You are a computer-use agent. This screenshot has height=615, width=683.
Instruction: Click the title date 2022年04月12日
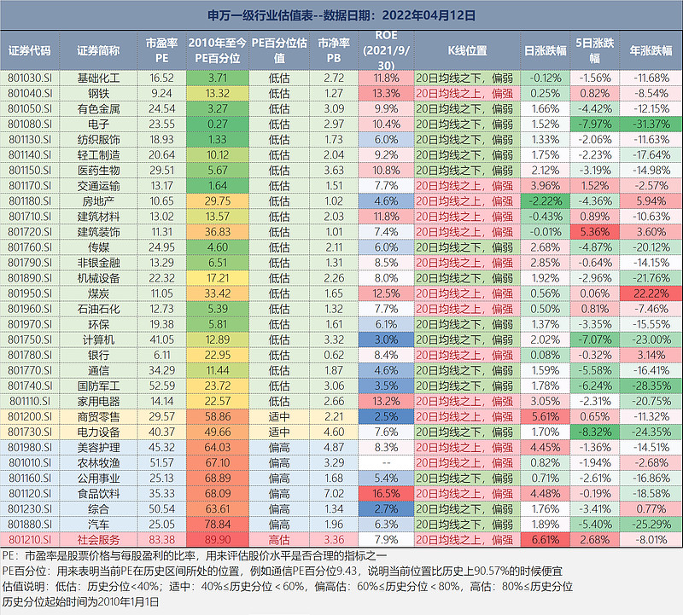point(425,15)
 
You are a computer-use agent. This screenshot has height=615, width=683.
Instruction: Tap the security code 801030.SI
point(30,78)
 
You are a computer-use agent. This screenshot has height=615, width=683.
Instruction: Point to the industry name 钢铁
point(98,93)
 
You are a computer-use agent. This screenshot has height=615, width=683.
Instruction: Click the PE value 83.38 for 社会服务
point(161,539)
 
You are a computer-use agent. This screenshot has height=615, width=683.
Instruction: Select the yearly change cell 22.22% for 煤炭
point(652,293)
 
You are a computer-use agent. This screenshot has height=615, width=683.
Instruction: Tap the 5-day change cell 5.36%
point(596,231)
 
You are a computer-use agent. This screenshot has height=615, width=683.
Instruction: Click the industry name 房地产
point(98,200)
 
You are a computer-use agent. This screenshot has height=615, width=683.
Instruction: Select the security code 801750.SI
point(30,339)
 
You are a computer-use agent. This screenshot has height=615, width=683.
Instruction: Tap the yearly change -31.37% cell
point(652,124)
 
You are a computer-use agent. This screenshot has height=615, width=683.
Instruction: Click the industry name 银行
point(98,354)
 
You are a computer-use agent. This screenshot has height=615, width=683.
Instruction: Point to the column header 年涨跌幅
point(652,50)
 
